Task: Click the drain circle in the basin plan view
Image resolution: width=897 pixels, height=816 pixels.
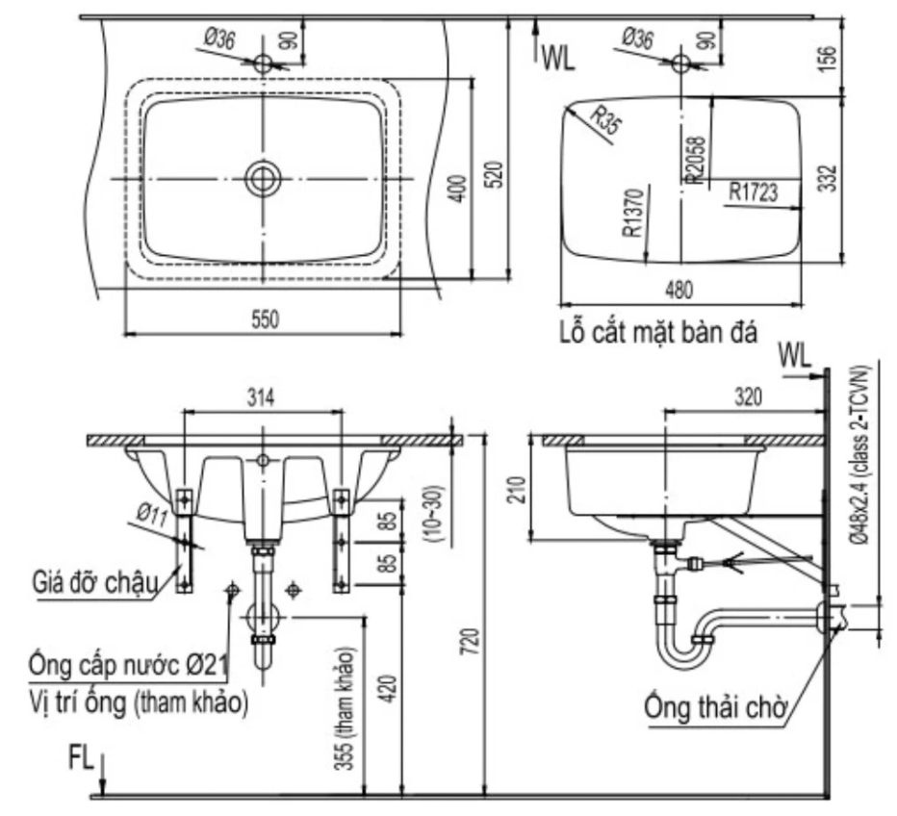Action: pos(262,178)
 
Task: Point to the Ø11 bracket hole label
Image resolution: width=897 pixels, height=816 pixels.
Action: pos(150,513)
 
